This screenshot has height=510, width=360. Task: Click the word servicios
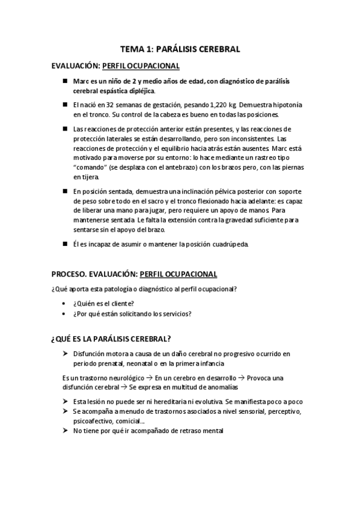[178, 313]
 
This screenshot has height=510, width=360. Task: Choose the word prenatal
[112, 364]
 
